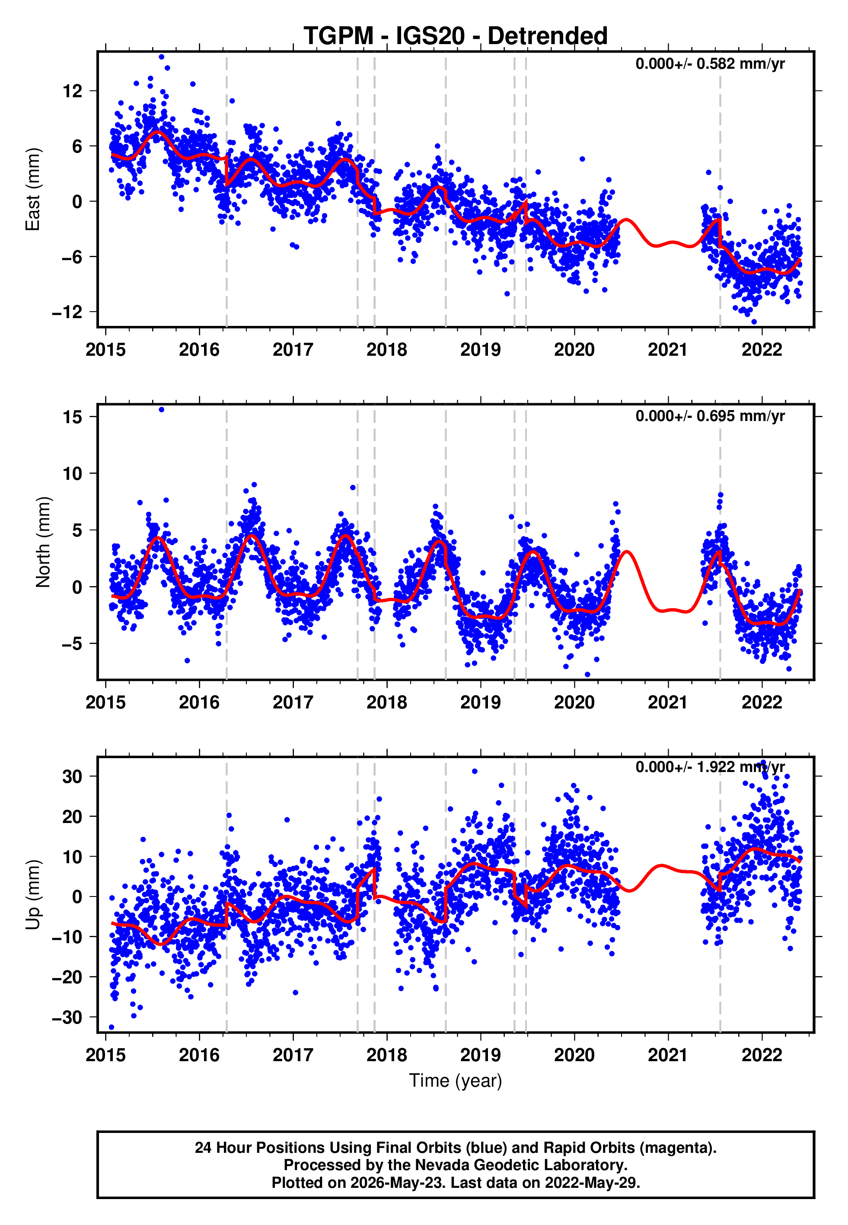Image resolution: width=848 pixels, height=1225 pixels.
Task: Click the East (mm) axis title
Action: point(33,189)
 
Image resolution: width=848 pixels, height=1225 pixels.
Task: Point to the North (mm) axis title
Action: point(43,542)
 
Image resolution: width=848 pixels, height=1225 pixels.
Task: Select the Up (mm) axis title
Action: point(33,895)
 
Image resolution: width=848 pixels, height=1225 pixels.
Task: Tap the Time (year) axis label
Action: point(456,1081)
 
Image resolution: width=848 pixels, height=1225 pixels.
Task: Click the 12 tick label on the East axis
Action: point(73,91)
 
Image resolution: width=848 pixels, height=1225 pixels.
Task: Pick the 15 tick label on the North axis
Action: point(73,417)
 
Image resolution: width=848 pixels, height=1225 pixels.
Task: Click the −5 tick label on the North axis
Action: point(72,644)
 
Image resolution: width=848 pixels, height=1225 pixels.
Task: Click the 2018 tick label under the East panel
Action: point(387,350)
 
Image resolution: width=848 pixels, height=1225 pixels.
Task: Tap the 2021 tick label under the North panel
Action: point(668,702)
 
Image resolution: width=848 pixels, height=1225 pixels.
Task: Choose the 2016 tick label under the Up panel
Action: point(199,1055)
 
